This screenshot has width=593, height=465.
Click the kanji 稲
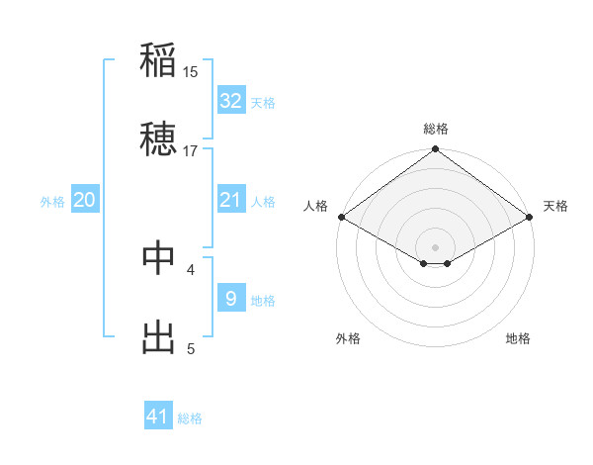click(x=159, y=60)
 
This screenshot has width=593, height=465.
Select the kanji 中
click(x=159, y=258)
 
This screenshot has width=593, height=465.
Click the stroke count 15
click(x=191, y=71)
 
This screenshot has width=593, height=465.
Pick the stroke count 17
click(x=191, y=150)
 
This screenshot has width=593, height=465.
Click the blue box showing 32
click(x=230, y=101)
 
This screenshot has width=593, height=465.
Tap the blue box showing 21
click(x=230, y=200)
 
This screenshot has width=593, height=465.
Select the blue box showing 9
click(x=230, y=299)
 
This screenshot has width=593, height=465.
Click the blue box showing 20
click(x=85, y=200)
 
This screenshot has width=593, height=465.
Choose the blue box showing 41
click(x=158, y=418)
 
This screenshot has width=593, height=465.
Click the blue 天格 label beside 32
click(x=263, y=102)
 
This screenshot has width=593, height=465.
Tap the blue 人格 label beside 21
click(x=263, y=201)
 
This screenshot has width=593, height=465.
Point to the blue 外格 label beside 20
click(x=52, y=201)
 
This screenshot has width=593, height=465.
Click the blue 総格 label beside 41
click(x=190, y=418)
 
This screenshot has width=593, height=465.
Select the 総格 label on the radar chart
click(x=435, y=129)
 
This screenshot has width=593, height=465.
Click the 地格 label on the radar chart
click(x=518, y=338)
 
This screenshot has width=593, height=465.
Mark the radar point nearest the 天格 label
click(x=531, y=217)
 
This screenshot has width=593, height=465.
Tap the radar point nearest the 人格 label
click(x=340, y=217)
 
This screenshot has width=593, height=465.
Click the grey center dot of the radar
click(x=435, y=246)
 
